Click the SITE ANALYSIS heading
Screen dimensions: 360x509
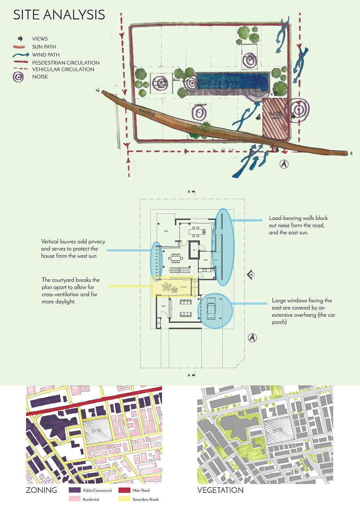59,15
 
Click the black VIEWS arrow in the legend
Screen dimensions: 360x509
20,39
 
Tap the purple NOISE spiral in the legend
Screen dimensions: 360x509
18,77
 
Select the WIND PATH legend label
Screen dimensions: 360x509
46,55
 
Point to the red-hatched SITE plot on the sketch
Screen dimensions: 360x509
275,118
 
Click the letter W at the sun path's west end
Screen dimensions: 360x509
98,90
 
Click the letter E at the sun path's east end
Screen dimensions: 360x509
352,153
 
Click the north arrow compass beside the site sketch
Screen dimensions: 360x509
284,164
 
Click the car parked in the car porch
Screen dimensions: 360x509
211,309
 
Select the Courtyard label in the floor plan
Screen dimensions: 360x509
184,287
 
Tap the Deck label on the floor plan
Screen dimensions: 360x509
166,231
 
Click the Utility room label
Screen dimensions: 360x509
205,260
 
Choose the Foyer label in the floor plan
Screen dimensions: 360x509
163,306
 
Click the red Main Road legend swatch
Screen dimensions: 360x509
124,490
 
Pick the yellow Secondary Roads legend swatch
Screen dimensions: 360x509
124,499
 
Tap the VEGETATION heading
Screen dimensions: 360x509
220,490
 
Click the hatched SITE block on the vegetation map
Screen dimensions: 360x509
278,430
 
